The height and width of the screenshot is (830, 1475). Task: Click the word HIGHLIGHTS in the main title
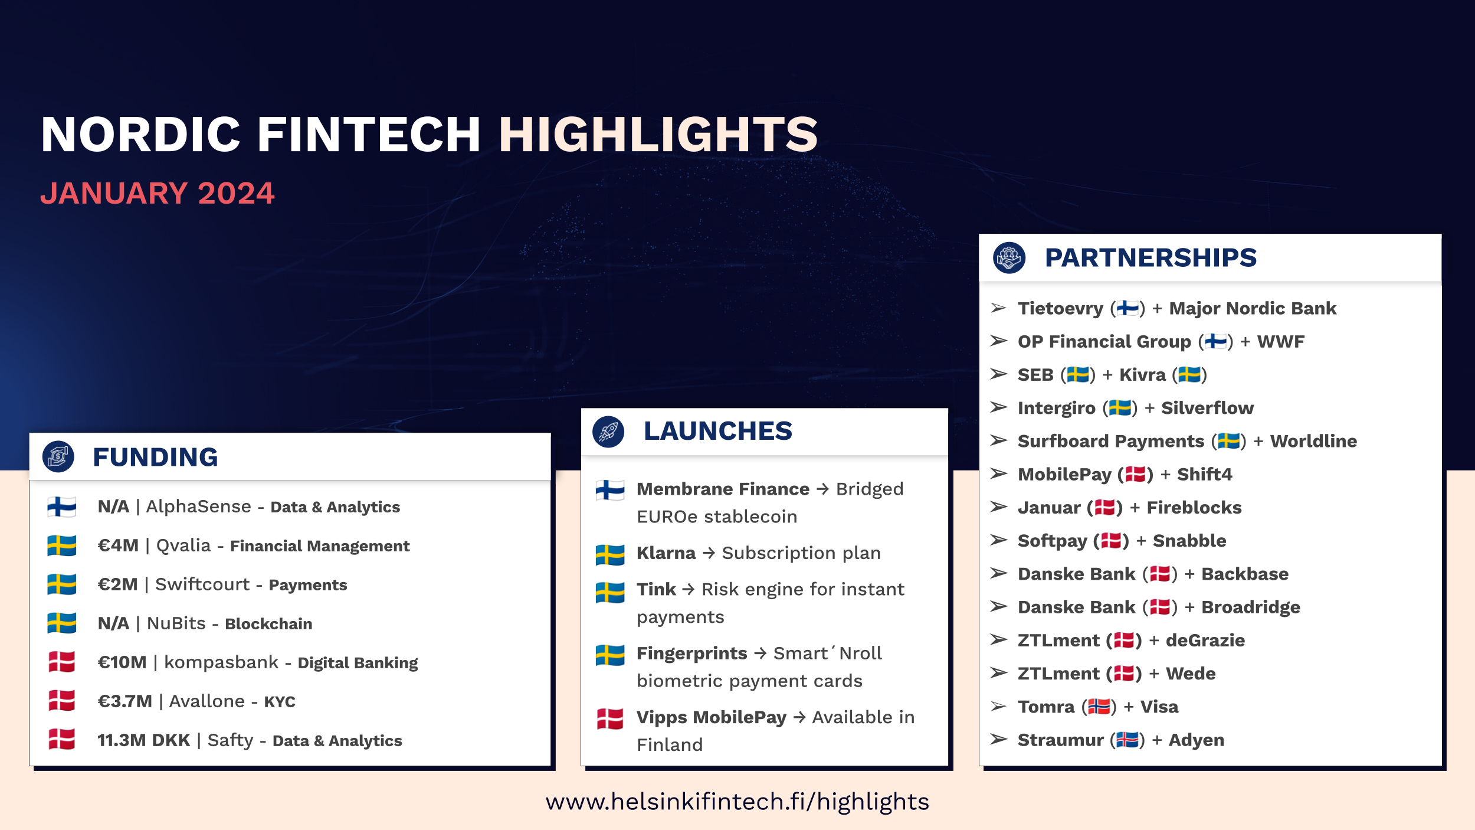pyautogui.click(x=658, y=135)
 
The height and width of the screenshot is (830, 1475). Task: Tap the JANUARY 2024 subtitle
pyautogui.click(x=157, y=194)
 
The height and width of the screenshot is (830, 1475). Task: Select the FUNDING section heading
pyautogui.click(x=155, y=457)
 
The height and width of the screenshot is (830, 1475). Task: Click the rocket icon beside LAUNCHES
pyautogui.click(x=608, y=432)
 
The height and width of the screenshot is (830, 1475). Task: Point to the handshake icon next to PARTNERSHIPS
pyautogui.click(x=1009, y=258)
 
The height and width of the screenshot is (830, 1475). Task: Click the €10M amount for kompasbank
pyautogui.click(x=122, y=662)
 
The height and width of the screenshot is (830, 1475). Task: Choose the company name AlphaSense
pyautogui.click(x=198, y=507)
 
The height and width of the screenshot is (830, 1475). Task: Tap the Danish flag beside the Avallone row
pyautogui.click(x=62, y=701)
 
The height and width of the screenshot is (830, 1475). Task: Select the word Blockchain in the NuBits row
pyautogui.click(x=268, y=624)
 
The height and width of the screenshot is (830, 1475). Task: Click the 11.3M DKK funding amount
pyautogui.click(x=143, y=740)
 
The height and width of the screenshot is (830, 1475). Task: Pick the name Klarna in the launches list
pyautogui.click(x=666, y=553)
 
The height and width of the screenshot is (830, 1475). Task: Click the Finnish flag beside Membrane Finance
pyautogui.click(x=609, y=490)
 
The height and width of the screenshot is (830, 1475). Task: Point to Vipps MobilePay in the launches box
pyautogui.click(x=711, y=717)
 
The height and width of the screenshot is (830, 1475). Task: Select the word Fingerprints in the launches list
pyautogui.click(x=691, y=653)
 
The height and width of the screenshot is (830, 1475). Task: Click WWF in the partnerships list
pyautogui.click(x=1280, y=342)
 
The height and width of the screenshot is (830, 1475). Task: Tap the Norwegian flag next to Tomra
pyautogui.click(x=1099, y=707)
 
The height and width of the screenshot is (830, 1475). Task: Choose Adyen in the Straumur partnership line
pyautogui.click(x=1196, y=740)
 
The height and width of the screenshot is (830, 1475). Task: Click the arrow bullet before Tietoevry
pyautogui.click(x=998, y=308)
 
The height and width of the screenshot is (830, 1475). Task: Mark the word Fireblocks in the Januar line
pyautogui.click(x=1194, y=508)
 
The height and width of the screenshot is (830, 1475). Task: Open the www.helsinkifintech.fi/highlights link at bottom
pyautogui.click(x=737, y=802)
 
